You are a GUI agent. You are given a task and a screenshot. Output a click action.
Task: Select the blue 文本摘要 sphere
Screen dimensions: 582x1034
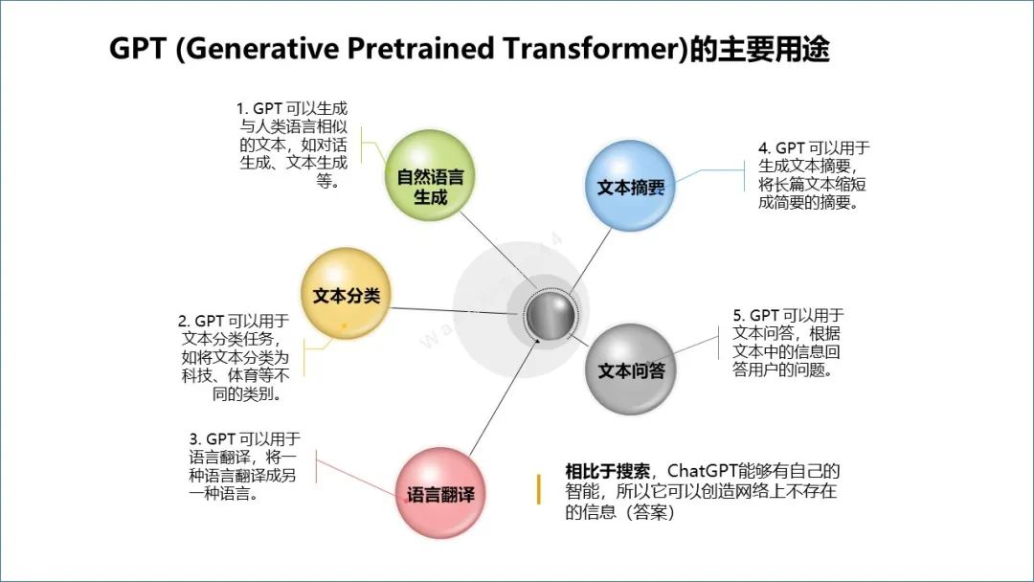(630, 188)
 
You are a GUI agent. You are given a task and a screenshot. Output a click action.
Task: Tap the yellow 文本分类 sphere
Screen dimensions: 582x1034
(347, 296)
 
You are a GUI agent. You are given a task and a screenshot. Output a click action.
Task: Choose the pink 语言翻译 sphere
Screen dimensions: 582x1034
(440, 495)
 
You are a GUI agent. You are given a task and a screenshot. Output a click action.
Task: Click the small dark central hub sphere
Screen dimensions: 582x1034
(552, 313)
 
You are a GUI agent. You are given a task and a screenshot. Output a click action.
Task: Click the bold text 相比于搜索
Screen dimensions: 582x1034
(607, 471)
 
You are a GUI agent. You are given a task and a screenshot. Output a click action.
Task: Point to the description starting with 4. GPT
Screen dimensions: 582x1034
(813, 175)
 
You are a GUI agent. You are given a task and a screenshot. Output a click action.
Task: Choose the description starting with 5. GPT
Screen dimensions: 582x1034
(788, 343)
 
